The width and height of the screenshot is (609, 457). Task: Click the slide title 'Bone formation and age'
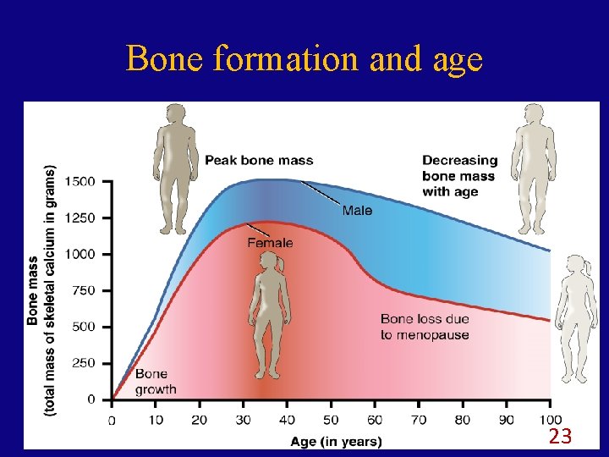pyautogui.click(x=304, y=58)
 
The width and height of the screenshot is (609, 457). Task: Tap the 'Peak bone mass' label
pyautogui.click(x=259, y=160)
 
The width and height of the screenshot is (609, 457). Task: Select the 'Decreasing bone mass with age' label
pyautogui.click(x=459, y=175)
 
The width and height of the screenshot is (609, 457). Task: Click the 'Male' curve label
pyautogui.click(x=357, y=210)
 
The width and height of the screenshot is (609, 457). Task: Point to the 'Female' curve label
pyautogui.click(x=270, y=243)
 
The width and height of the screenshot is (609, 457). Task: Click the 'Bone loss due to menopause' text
pyautogui.click(x=425, y=327)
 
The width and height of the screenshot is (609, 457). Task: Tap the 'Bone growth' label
pyautogui.click(x=156, y=381)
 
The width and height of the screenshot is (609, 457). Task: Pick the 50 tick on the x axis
pyautogui.click(x=331, y=420)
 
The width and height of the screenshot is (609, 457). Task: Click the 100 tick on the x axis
pyautogui.click(x=551, y=420)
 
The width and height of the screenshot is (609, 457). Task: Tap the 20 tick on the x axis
pyautogui.click(x=200, y=420)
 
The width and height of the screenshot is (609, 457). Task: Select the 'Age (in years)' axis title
pyautogui.click(x=336, y=441)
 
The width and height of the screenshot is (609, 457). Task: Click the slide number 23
pyautogui.click(x=560, y=437)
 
